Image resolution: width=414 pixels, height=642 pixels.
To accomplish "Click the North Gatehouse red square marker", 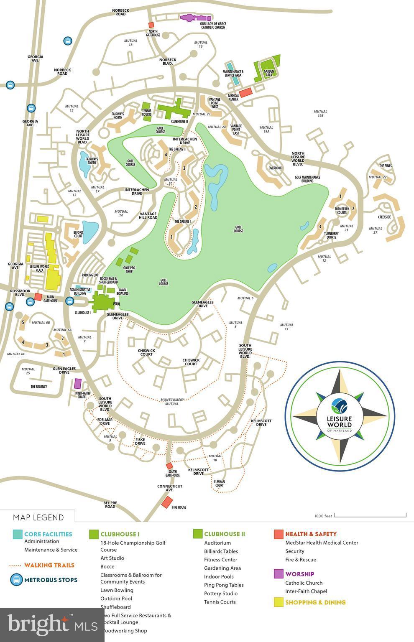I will coord(151,25).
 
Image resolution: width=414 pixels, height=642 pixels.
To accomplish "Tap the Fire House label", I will coord(179,507).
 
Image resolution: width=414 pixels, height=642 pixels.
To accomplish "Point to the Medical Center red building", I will coord(245,92).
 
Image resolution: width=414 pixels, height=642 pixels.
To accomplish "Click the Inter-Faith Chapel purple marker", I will coord(78,383).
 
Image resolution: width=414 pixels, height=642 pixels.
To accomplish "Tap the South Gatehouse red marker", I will coord(169,466).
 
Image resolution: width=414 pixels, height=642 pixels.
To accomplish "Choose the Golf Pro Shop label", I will coord(129,269).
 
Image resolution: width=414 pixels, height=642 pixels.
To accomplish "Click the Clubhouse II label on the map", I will coord(179,122).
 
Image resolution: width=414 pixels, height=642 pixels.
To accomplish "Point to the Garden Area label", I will coord(268,74).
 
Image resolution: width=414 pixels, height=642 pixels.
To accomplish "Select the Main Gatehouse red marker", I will coord(38,297).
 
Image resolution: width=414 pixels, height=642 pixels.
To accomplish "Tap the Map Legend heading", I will coord(38,517).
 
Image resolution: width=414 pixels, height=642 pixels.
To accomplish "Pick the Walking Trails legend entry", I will coord(49,565).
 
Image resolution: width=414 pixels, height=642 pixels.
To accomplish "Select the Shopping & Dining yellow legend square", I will coord(279,602).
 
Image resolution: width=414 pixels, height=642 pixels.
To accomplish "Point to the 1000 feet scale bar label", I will coord(323,516).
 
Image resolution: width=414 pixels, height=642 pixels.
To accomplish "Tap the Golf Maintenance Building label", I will coord(307,179).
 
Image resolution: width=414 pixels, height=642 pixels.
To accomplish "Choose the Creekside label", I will coord(384,217).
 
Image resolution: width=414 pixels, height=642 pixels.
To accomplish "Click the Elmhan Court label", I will coord(219,484).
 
